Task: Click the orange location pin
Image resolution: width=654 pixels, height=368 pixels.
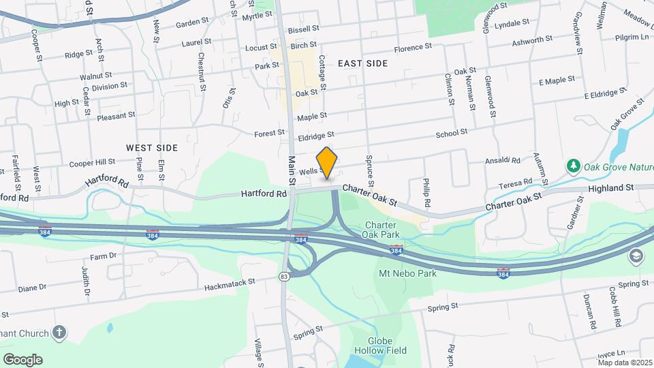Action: pos(327,163)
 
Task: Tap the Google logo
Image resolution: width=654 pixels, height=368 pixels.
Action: pos(22,360)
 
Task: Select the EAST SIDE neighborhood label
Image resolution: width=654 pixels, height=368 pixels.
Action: pos(362,63)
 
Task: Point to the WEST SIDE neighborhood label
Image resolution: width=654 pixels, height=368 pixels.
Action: pos(152,147)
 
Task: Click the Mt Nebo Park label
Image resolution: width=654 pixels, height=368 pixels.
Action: pos(407,273)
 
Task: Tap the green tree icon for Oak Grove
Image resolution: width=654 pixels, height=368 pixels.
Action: pos(574,166)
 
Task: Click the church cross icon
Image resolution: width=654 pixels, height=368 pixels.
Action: pos(59,333)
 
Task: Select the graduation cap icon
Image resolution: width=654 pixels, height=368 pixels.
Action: pos(635,256)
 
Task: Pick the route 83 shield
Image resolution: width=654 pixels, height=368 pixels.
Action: pos(283,276)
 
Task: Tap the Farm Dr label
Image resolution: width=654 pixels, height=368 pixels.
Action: pos(104,256)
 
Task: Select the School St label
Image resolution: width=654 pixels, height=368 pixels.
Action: pos(451,132)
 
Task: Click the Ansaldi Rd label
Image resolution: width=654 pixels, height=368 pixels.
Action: pos(503,161)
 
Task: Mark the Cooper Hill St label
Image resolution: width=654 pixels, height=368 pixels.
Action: pos(93,163)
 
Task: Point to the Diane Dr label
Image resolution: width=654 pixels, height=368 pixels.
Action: pos(32,288)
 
